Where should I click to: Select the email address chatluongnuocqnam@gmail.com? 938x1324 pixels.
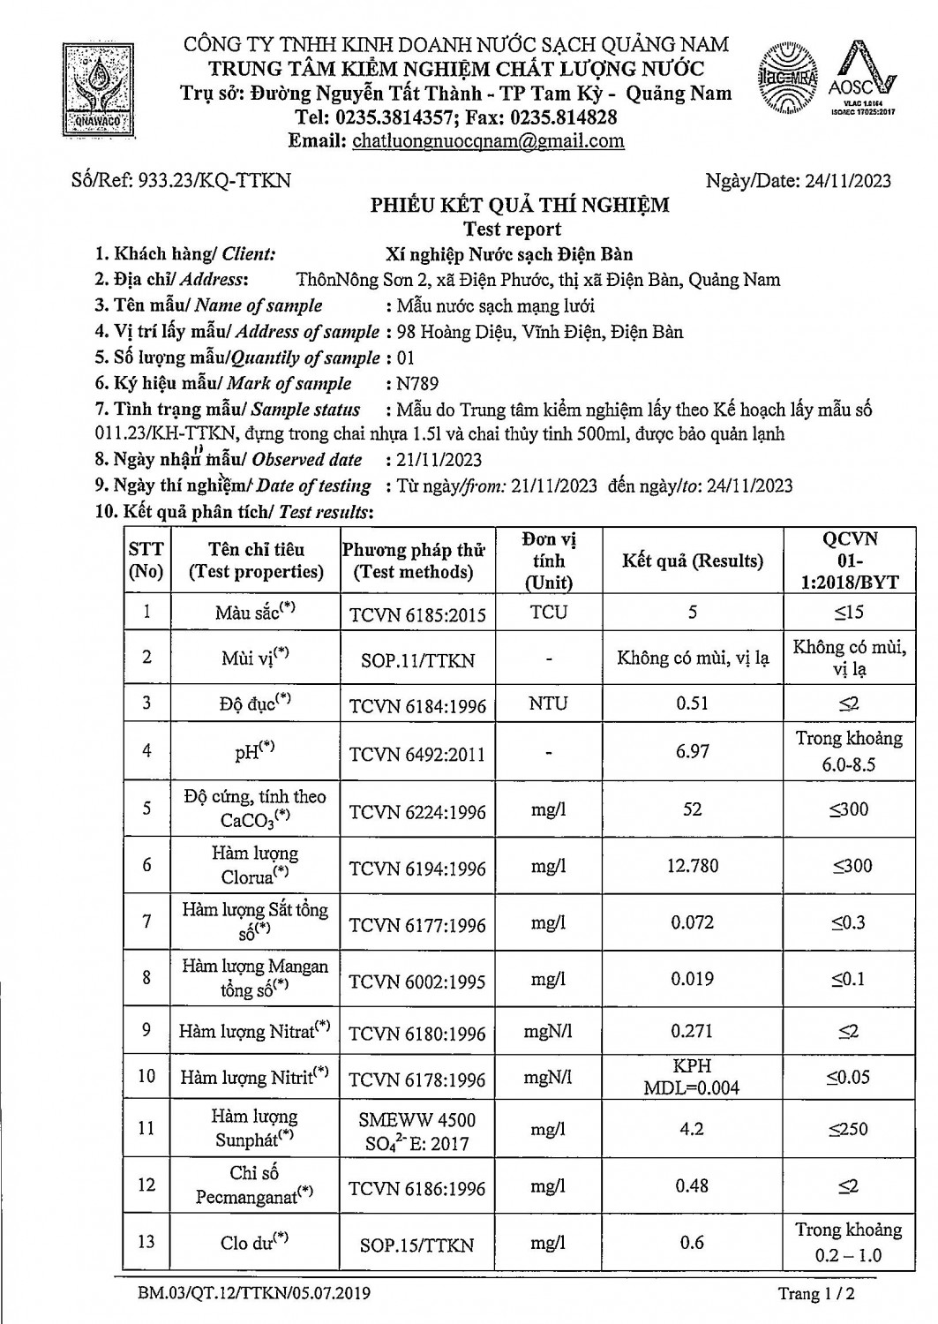click(x=488, y=141)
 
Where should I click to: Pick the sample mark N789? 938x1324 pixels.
click(x=417, y=384)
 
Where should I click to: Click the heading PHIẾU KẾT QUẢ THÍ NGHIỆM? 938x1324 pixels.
click(x=520, y=206)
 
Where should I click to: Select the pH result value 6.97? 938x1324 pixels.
click(x=692, y=751)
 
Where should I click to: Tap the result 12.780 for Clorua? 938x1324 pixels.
click(x=692, y=866)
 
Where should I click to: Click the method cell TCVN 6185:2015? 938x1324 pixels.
click(x=417, y=614)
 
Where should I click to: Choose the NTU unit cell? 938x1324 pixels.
click(x=549, y=704)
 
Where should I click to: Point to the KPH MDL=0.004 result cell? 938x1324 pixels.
click(x=692, y=1076)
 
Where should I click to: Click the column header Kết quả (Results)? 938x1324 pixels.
click(x=692, y=561)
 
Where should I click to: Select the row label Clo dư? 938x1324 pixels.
click(x=254, y=1243)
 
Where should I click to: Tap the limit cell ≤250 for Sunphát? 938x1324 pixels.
click(x=849, y=1129)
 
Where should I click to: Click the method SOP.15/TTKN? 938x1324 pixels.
click(x=417, y=1245)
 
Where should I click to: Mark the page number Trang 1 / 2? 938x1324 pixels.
click(x=817, y=1294)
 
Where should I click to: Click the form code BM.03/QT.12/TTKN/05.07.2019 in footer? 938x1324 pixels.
click(x=254, y=1294)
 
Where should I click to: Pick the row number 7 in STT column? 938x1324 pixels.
click(x=146, y=921)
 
